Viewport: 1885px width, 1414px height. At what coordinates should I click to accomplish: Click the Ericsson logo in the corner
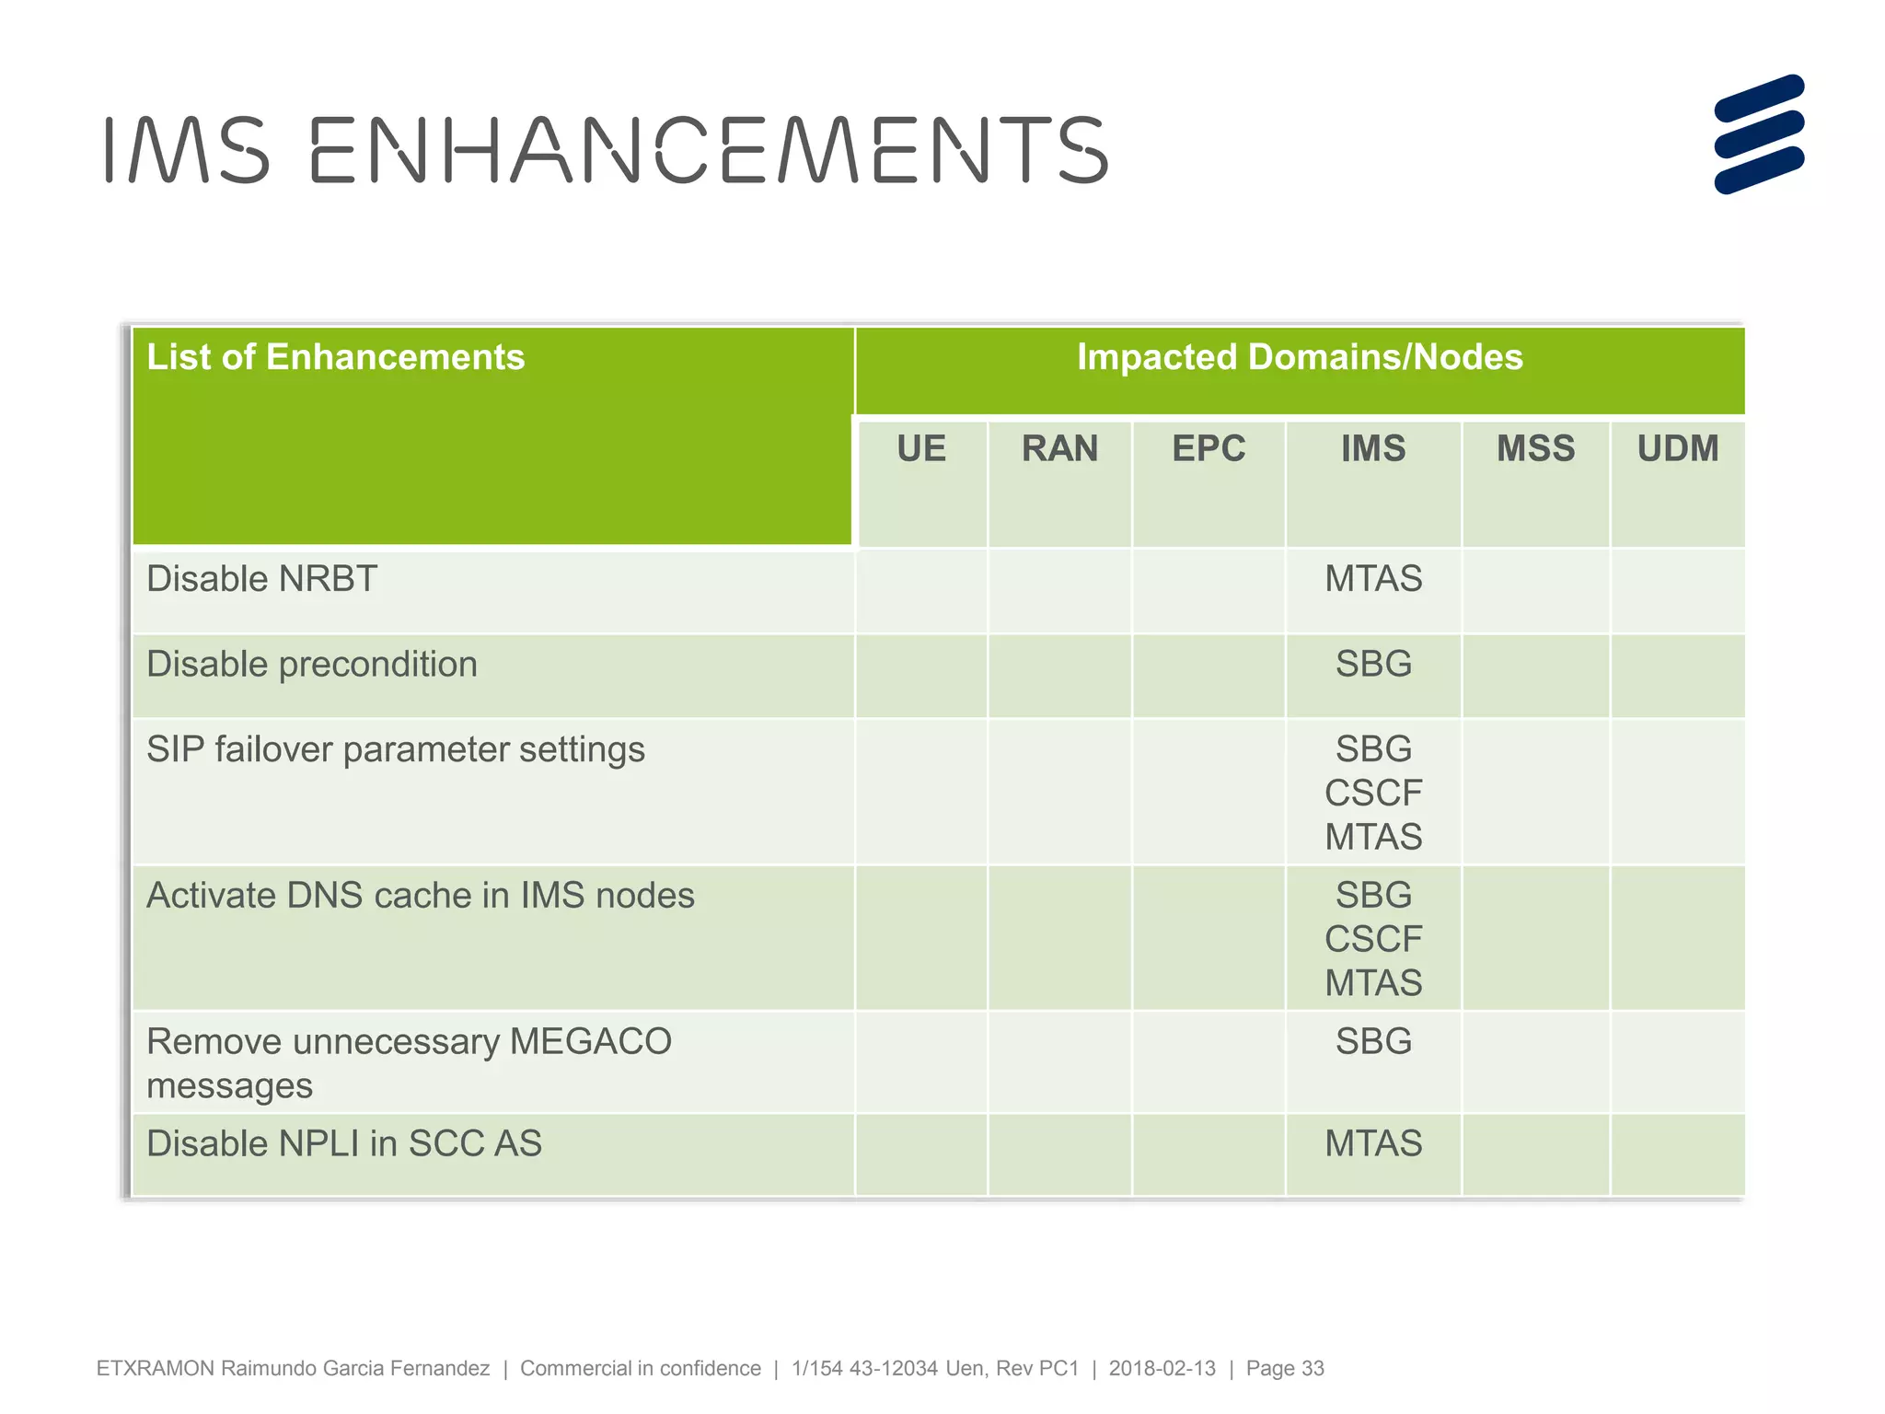(x=1758, y=134)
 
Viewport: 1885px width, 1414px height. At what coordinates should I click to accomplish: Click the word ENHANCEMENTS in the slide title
(x=709, y=150)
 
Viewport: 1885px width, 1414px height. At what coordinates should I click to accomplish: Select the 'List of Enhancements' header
(x=336, y=357)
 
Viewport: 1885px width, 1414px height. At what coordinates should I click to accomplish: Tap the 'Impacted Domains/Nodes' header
(x=1300, y=357)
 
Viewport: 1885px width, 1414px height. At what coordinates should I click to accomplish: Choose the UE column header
(x=921, y=449)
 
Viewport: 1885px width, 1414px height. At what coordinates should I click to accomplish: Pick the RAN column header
(x=1059, y=449)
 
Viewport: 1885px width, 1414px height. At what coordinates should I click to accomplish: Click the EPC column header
(x=1208, y=449)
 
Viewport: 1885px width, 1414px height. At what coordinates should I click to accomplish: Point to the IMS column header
(x=1373, y=449)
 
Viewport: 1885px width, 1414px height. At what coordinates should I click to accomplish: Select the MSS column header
(x=1535, y=449)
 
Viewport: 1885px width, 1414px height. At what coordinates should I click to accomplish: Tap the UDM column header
(x=1677, y=449)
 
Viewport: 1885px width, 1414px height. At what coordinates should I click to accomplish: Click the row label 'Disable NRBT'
(x=262, y=579)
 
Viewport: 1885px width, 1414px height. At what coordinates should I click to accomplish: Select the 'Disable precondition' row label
(x=312, y=665)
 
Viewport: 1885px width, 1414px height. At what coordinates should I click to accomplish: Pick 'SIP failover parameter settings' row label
(x=396, y=749)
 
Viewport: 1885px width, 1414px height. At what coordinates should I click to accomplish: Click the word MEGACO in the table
(x=590, y=1042)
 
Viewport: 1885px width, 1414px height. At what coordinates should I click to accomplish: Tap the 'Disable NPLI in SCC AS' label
(x=344, y=1143)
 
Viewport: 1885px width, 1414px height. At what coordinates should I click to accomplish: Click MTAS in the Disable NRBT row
(x=1373, y=579)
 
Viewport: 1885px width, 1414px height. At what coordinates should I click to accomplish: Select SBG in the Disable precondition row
(x=1373, y=665)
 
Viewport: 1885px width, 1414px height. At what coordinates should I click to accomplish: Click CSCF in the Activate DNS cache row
(x=1373, y=940)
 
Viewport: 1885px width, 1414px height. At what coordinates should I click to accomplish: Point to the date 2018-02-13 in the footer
(x=1162, y=1369)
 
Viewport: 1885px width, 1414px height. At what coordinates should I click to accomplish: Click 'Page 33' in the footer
(x=1285, y=1369)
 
